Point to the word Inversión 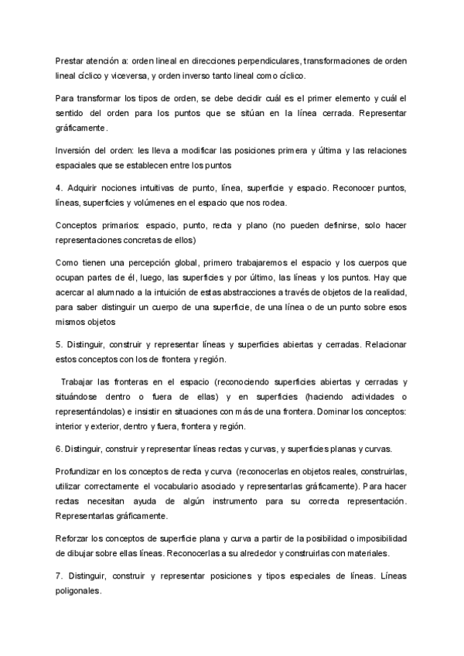point(74,150)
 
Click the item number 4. point(60,188)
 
